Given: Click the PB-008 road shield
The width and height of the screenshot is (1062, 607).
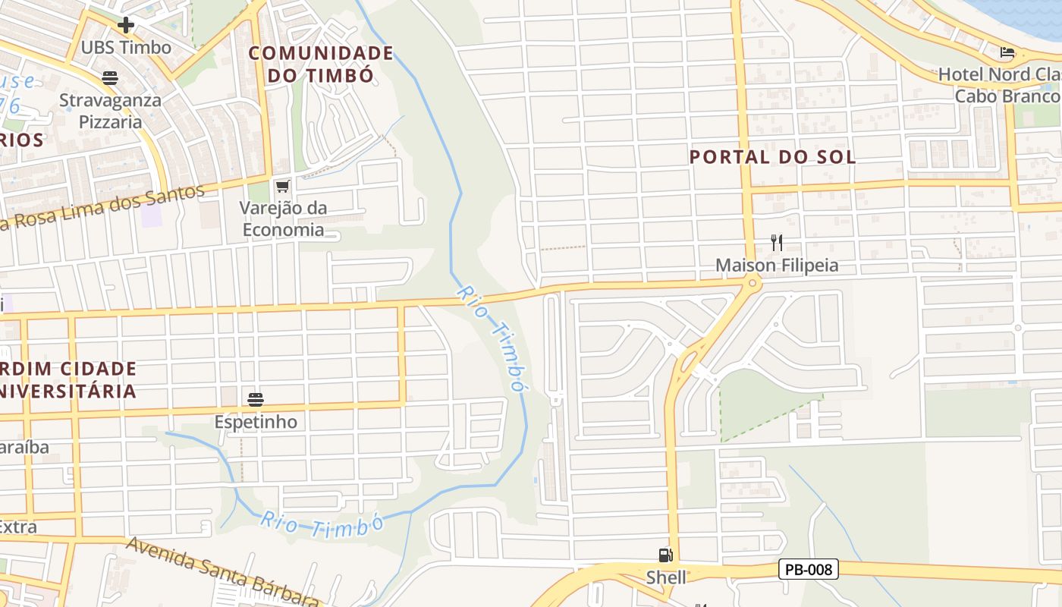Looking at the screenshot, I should pos(808,569).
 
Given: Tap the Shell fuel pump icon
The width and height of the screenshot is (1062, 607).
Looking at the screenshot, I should pos(665,555).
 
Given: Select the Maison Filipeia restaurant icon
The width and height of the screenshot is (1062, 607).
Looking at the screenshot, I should pos(776,243).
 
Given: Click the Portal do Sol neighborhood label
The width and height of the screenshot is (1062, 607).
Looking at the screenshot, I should pos(772,157).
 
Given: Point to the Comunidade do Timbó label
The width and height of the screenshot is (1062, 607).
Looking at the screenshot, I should pos(320,64).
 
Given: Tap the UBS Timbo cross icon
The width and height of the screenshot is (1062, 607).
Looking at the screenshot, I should pos(126,25).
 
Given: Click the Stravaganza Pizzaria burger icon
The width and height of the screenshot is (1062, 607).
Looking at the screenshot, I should pos(110,77).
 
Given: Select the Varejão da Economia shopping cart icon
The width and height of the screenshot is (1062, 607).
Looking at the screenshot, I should pos(283,186).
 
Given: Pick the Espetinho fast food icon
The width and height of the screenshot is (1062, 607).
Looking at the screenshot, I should pos(255,399).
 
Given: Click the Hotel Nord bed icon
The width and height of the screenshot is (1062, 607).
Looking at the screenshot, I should pos(1007,52).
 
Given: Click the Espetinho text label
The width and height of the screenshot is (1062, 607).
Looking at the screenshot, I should pos(256,421).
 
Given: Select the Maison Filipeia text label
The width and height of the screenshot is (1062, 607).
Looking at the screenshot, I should pos(777,265).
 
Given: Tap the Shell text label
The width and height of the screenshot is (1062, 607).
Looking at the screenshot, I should pos(666,577).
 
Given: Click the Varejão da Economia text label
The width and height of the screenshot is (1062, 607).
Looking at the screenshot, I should pos(282,219).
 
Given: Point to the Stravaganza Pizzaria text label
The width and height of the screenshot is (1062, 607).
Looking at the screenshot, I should pos(111,110).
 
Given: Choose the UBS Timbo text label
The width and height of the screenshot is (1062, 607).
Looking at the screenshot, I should pos(126,47).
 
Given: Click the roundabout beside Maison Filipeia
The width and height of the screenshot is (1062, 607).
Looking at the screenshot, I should pos(752,283).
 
